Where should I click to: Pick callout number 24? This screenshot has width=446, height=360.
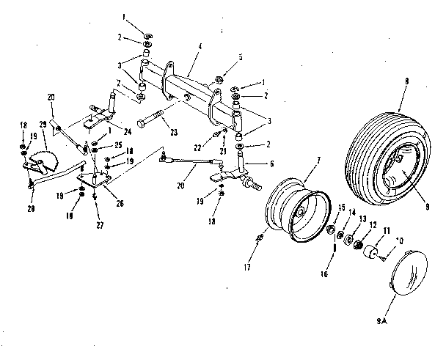click(x=128, y=133)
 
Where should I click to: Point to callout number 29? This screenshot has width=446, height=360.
click(x=43, y=126)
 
